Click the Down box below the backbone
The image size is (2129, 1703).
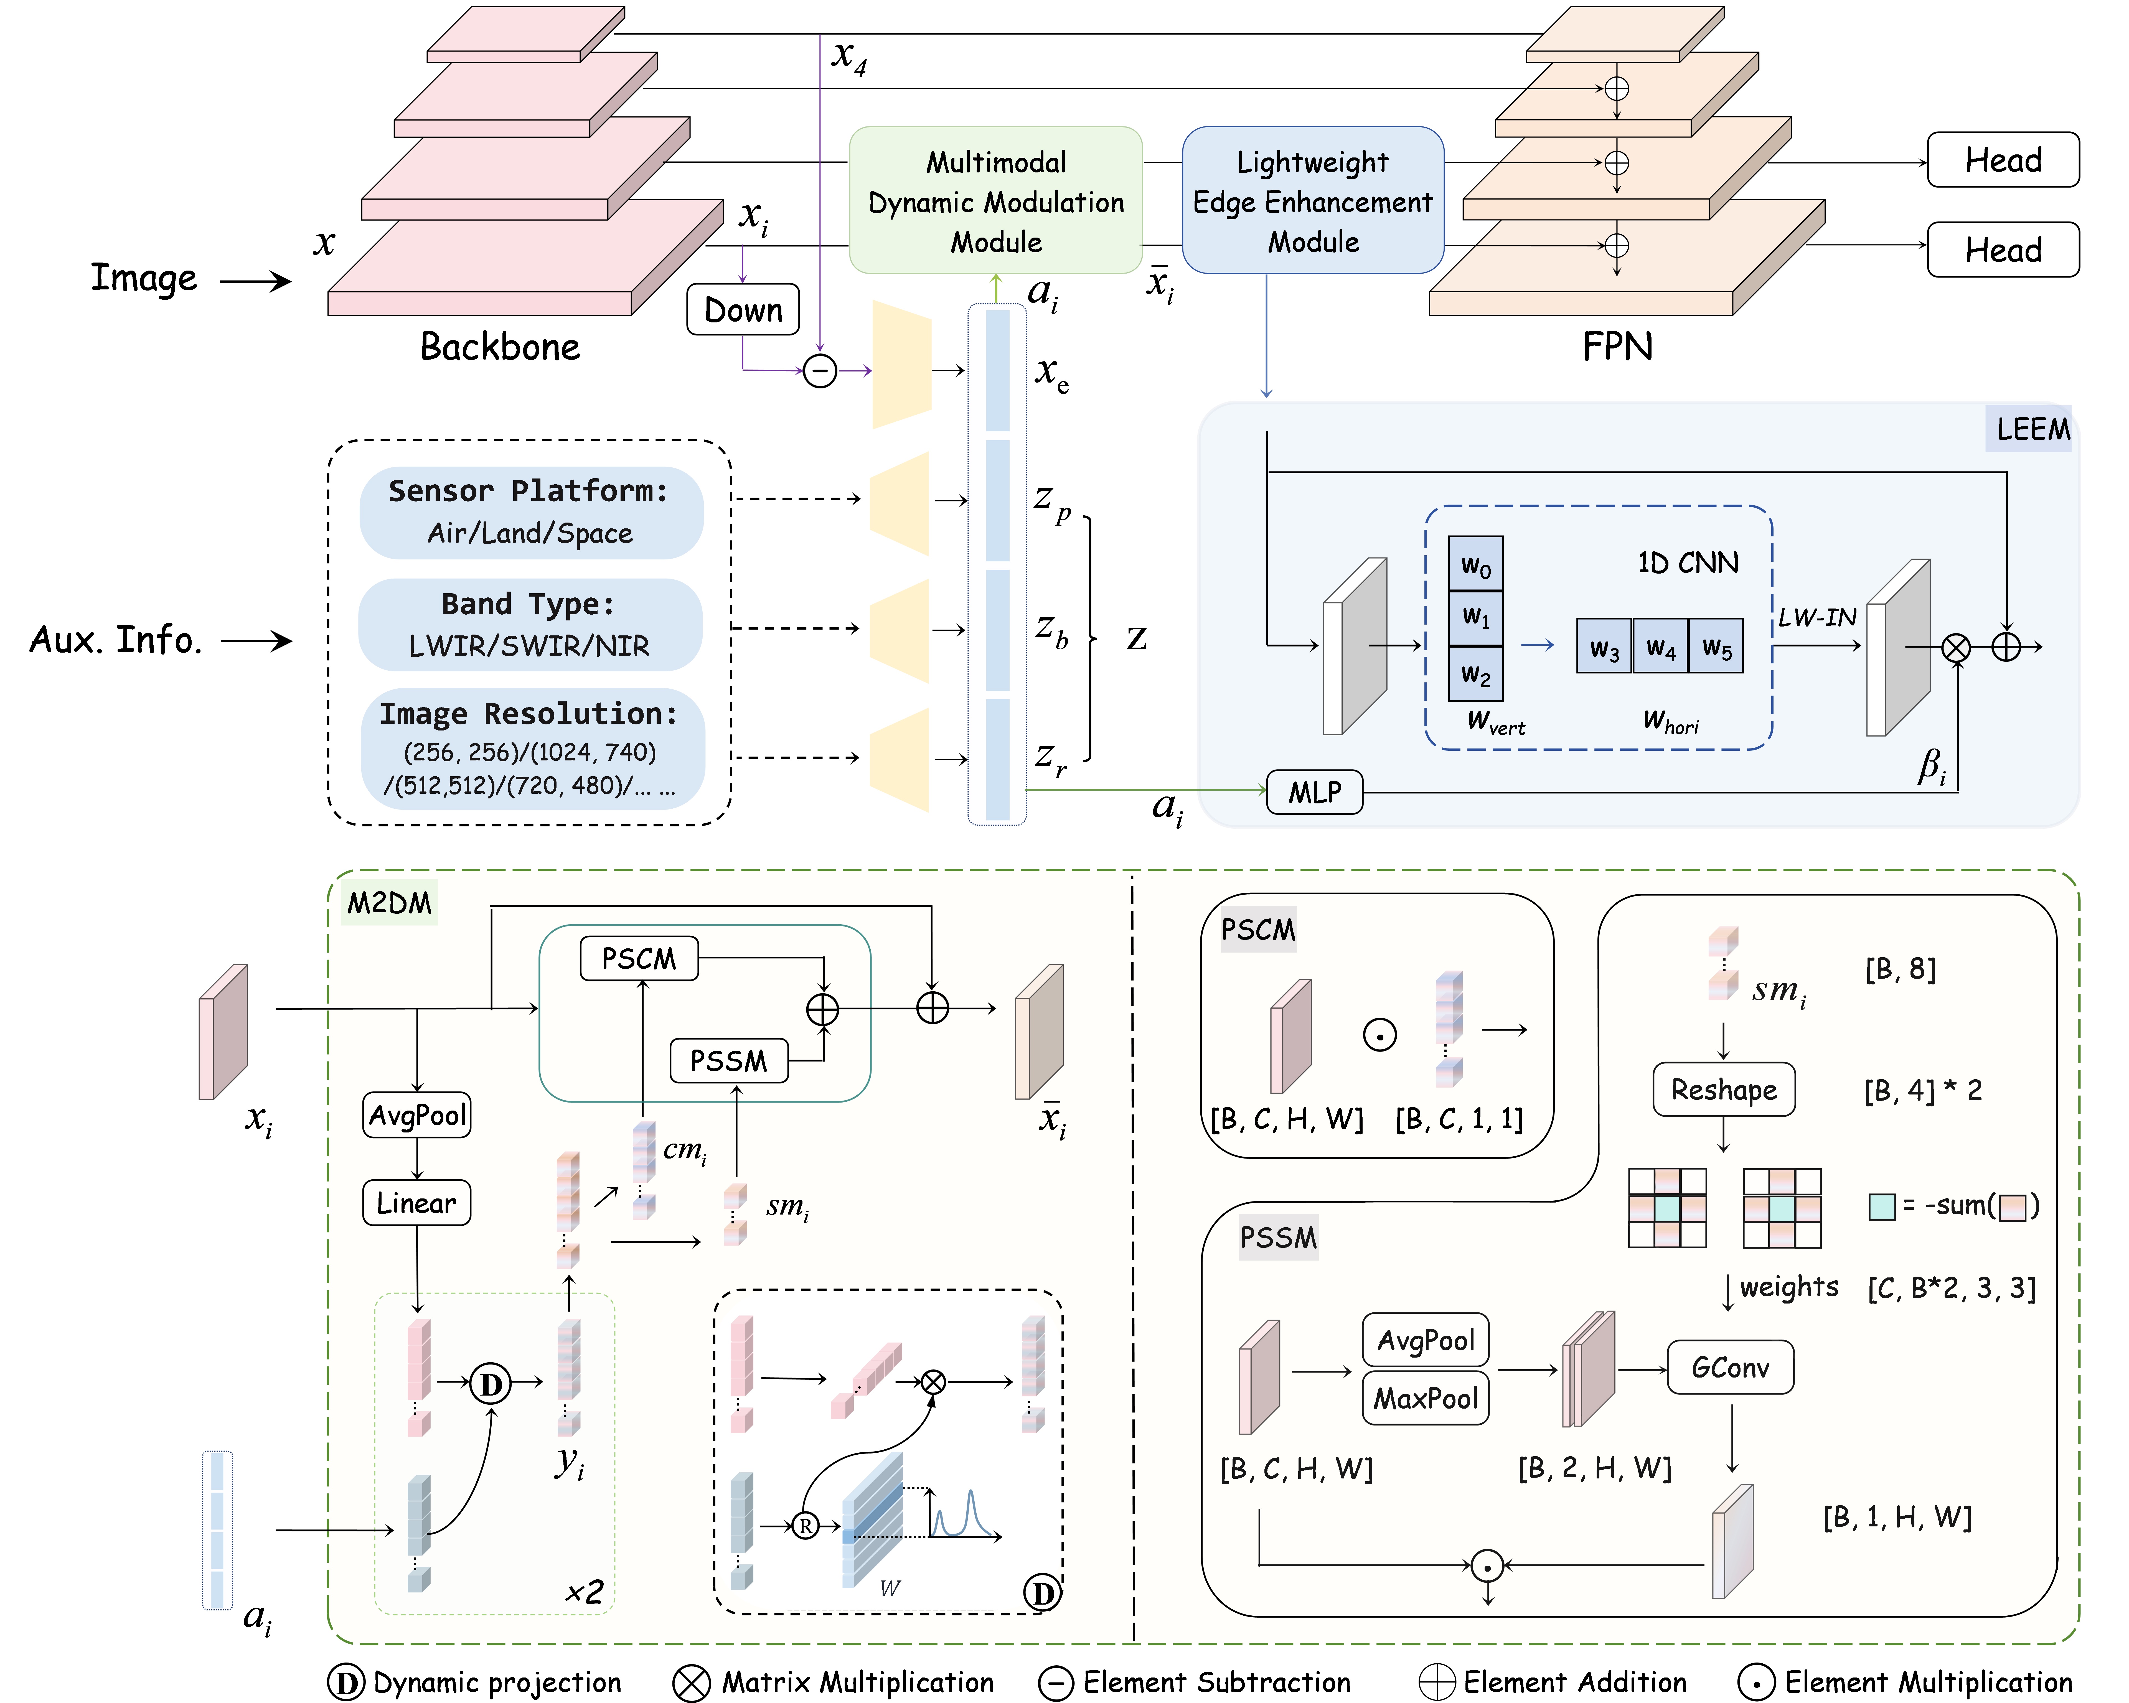(743, 310)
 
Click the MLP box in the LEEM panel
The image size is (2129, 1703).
(1314, 792)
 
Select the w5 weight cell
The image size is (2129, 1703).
(1716, 647)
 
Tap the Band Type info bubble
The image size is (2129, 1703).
(530, 624)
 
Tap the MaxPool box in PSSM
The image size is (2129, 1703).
(1425, 1398)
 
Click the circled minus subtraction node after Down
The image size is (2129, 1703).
(820, 371)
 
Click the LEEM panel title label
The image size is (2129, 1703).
(2032, 429)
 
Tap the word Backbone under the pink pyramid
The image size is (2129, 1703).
(500, 347)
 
